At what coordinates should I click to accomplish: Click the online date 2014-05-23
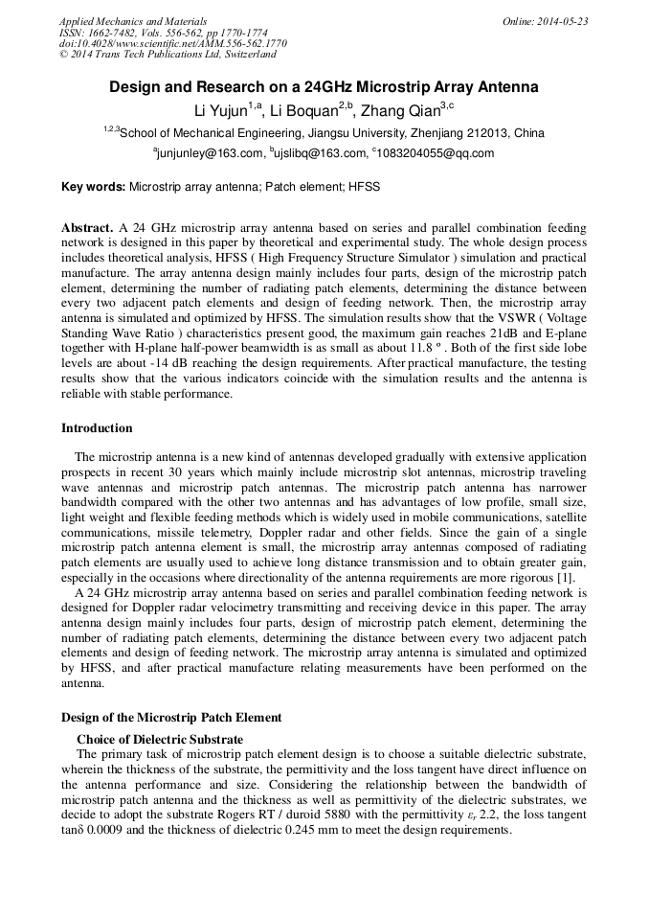pyautogui.click(x=561, y=21)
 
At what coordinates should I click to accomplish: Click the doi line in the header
pyautogui.click(x=172, y=43)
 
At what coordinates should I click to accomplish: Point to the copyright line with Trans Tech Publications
pyautogui.click(x=168, y=55)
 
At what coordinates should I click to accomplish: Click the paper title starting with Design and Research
pyautogui.click(x=324, y=87)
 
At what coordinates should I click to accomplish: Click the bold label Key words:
pyautogui.click(x=94, y=187)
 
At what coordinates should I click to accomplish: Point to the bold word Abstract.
pyautogui.click(x=88, y=229)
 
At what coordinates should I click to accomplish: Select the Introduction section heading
pyautogui.click(x=97, y=427)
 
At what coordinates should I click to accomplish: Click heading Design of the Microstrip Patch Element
pyautogui.click(x=171, y=717)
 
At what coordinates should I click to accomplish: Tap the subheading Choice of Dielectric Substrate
pyautogui.click(x=159, y=739)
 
